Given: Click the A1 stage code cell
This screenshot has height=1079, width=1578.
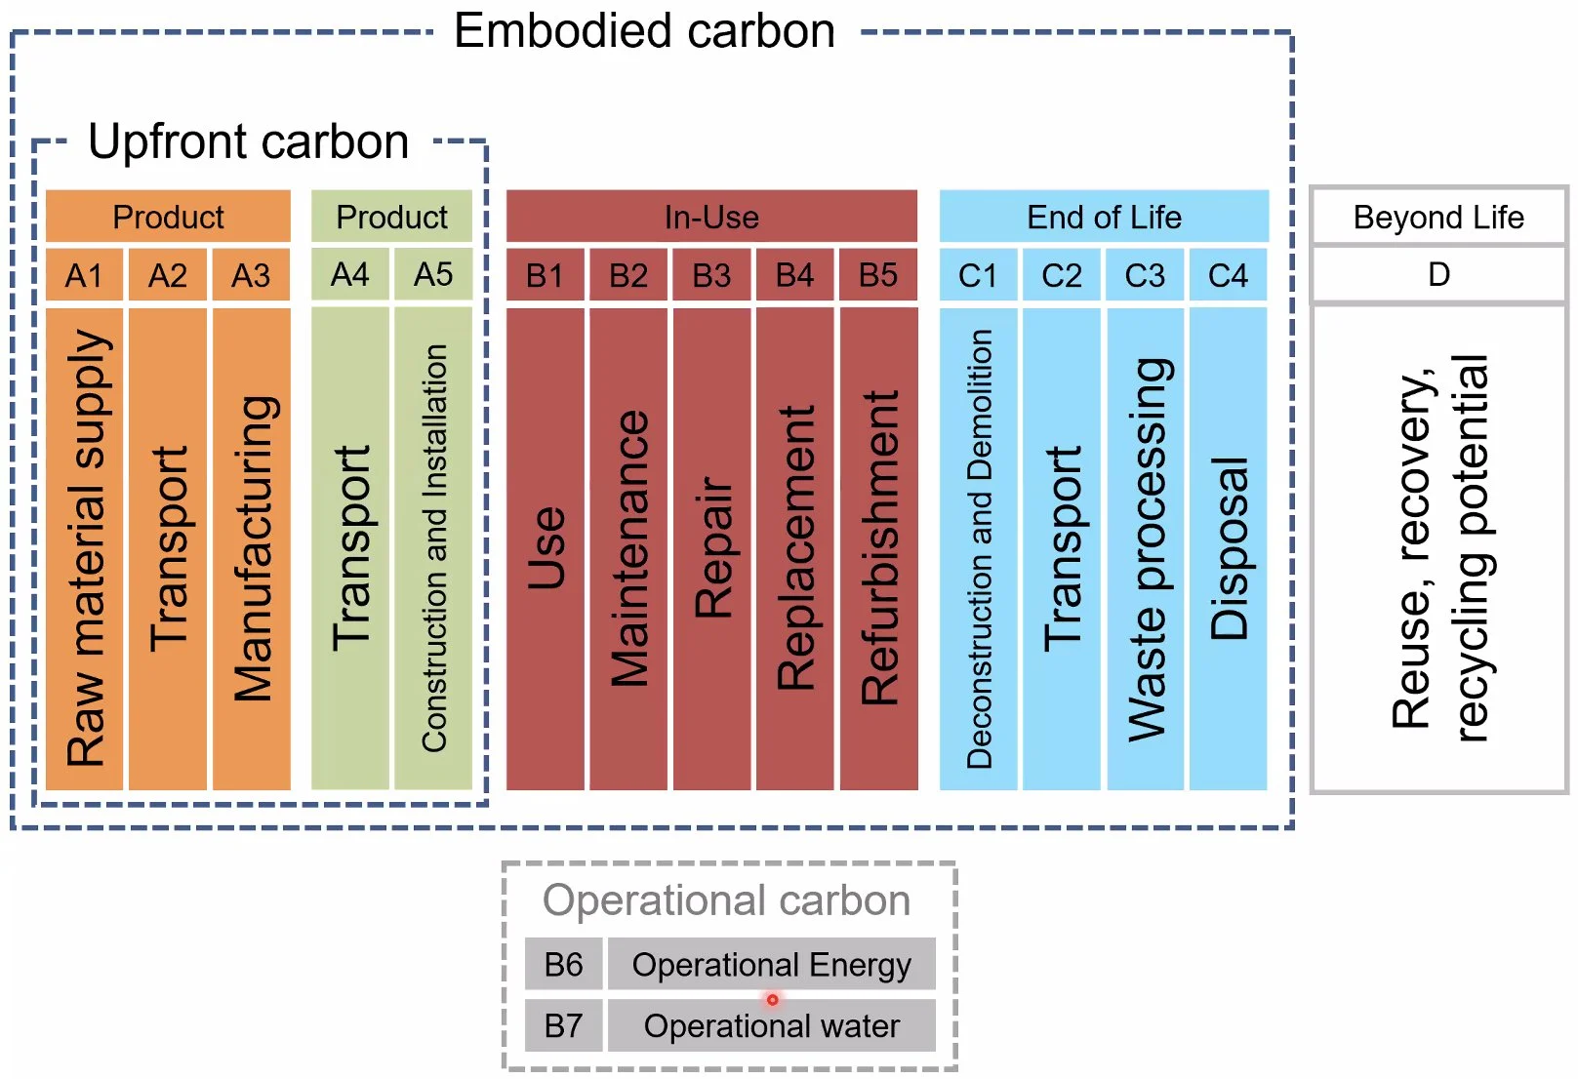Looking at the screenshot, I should tap(84, 275).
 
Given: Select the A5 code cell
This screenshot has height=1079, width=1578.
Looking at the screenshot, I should tap(432, 274).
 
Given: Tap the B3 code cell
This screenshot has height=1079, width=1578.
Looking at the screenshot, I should tap(711, 275).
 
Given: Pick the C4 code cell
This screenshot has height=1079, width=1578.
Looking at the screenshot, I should tap(1227, 275).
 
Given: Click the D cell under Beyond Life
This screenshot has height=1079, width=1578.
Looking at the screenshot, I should tap(1438, 274).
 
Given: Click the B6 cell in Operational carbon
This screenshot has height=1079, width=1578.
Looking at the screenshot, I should tap(563, 964).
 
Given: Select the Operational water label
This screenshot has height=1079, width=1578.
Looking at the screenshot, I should tap(771, 1025).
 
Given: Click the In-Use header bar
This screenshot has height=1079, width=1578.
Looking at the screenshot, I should tap(711, 217).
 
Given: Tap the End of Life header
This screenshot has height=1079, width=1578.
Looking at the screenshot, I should tap(1104, 217).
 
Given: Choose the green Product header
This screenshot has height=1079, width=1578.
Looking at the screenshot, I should tap(391, 217).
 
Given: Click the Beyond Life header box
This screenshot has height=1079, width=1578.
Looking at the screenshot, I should tap(1438, 217).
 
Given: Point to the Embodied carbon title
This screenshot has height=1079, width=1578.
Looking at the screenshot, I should tap(644, 31).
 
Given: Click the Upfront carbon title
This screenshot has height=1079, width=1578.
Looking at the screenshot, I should tap(248, 141).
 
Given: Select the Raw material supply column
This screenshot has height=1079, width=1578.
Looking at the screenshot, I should tap(85, 548).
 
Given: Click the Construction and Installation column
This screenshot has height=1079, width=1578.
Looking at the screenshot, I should tap(433, 548).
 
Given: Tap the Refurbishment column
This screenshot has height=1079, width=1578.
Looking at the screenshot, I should tap(878, 548).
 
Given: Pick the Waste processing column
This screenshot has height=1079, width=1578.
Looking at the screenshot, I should tap(1146, 548).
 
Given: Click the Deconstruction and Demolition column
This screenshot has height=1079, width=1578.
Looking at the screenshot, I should tap(979, 548).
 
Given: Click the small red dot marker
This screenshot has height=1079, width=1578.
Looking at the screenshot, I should tap(772, 999).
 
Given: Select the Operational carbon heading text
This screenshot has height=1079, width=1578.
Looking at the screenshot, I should tap(726, 899).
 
